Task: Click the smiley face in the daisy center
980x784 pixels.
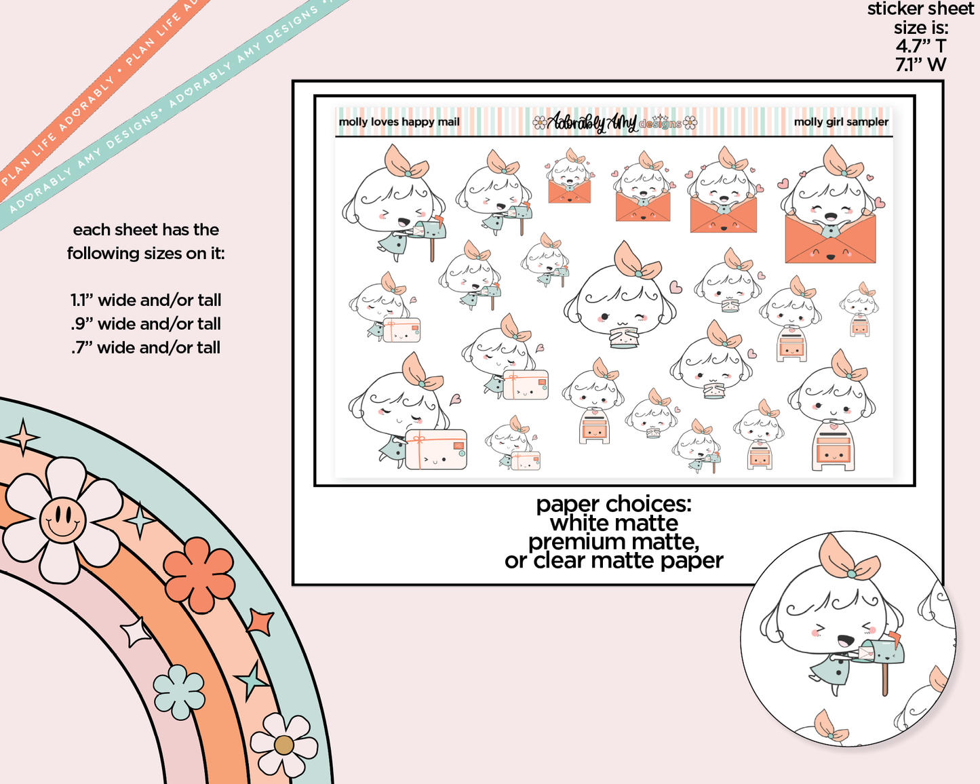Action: tap(63, 519)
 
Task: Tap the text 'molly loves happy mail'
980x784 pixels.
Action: tap(399, 121)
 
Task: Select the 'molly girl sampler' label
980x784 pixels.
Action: tap(841, 121)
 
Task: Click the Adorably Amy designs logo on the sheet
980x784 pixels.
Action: tap(614, 122)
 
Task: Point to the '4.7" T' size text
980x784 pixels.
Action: tap(921, 46)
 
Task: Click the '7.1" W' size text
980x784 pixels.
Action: tap(921, 64)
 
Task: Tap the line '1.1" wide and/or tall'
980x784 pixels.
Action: tap(146, 300)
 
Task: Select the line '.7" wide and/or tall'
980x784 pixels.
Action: tap(146, 348)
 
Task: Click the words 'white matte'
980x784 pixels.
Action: tap(614, 522)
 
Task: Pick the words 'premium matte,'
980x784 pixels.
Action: tap(614, 542)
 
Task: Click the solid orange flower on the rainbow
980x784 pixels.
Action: tap(199, 574)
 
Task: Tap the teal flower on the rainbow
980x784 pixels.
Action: tap(178, 692)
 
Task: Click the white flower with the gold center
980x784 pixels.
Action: tap(284, 745)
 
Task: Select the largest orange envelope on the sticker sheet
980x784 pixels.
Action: tap(830, 238)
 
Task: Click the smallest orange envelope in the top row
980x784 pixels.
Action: tap(569, 191)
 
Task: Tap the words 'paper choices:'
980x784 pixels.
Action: tap(614, 504)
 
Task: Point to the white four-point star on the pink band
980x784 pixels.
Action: tap(136, 632)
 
